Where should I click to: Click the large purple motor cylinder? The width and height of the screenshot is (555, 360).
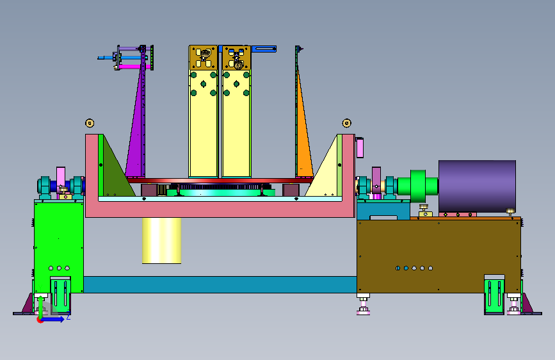pyautogui.click(x=477, y=186)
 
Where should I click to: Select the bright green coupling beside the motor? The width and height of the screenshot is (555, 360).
pyautogui.click(x=417, y=186)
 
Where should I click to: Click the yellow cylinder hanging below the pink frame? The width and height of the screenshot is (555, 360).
pyautogui.click(x=162, y=240)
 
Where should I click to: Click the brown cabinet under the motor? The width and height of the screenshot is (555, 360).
pyautogui.click(x=438, y=256)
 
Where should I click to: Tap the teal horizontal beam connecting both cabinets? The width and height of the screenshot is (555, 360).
pyautogui.click(x=220, y=284)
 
